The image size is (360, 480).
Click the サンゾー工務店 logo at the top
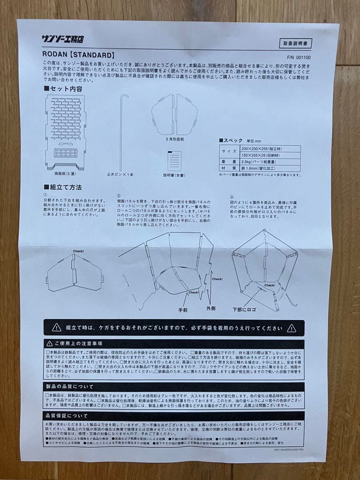63,39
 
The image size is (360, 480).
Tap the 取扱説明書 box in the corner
296,43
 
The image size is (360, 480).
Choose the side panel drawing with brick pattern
65,131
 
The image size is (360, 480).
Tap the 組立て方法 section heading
63,187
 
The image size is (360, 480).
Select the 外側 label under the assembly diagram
210,307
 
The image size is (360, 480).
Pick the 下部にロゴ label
244,308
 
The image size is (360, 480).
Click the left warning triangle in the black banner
56,328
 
